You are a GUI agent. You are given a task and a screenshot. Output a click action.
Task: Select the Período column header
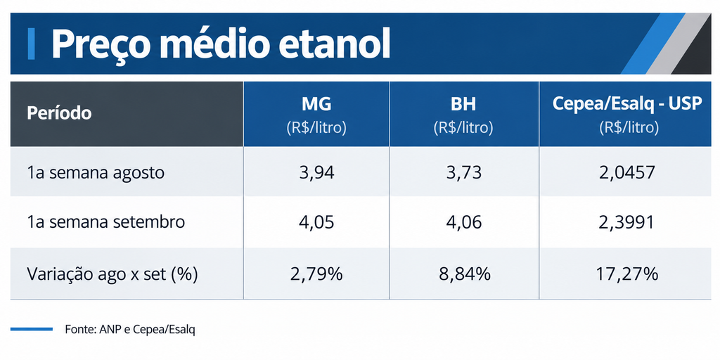[x=59, y=113]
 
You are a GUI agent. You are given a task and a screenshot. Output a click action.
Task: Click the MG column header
[x=316, y=104]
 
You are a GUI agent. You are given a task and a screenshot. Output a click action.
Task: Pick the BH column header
[x=463, y=104]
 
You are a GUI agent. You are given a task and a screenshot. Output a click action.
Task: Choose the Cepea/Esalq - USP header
[x=627, y=104]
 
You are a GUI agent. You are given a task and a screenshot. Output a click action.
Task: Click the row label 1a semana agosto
[x=96, y=173]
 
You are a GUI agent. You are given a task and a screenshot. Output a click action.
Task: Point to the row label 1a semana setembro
[x=106, y=222]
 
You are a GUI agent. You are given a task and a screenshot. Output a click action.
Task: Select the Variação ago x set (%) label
[x=112, y=274]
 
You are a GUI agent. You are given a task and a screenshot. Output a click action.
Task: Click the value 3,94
[x=316, y=173]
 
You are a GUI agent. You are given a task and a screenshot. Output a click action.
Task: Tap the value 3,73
[x=463, y=173]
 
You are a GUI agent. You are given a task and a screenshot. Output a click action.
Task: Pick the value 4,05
[x=316, y=223]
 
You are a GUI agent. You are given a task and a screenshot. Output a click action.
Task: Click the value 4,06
[x=463, y=223]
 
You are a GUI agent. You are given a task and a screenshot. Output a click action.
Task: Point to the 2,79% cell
[x=316, y=274]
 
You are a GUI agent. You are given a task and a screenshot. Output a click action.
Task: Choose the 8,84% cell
[x=463, y=274]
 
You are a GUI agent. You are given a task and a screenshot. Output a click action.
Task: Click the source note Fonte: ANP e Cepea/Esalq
[x=130, y=330]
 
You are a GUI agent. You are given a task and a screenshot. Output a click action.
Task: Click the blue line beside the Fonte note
[x=32, y=329]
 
